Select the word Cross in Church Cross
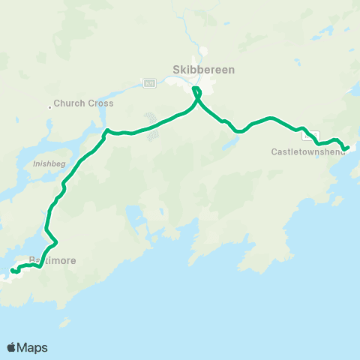point(100,103)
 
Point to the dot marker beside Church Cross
point(50,106)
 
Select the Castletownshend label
point(308,151)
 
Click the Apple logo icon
point(12,347)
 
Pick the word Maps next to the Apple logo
point(33,347)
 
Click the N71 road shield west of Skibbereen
point(149,82)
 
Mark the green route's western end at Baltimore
point(12,271)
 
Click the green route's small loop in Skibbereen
point(197,92)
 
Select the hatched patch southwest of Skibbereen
point(153,126)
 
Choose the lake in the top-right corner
point(330,30)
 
